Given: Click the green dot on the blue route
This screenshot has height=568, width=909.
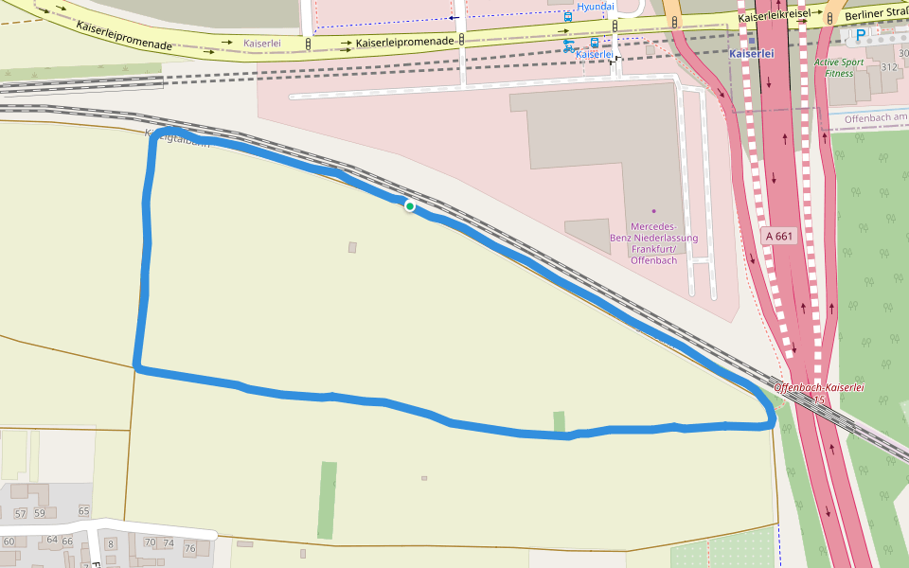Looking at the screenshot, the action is coord(410,206).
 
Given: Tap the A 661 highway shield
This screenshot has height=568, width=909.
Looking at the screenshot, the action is coord(778,236).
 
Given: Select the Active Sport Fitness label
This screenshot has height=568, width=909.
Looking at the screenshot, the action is coord(838,67).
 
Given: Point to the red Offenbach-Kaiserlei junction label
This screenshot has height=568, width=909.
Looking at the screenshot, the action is coord(819,388).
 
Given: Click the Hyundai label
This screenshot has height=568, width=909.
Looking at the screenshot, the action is coord(596,7).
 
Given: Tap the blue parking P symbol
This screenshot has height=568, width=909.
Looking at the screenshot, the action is coord(860,36).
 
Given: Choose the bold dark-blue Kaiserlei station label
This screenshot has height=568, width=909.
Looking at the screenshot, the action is coord(752,54).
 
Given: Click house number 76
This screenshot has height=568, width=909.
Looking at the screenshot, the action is coord(190,549).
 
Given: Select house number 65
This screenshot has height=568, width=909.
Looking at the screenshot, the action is coord(83,511).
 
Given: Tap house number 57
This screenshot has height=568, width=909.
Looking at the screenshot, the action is coord(22,513).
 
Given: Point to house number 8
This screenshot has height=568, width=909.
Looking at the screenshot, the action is coord(110,543).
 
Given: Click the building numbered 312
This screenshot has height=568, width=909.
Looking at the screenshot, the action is coord(888,67).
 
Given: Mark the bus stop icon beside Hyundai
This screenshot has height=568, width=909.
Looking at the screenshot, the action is coord(568,16).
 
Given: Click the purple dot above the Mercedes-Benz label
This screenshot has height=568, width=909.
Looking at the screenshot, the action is coord(653,210).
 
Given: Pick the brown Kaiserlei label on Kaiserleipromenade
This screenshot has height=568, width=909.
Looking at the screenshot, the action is coord(260,44).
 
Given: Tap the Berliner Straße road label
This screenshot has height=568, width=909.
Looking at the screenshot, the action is coord(876,13).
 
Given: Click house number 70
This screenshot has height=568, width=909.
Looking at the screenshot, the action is coord(150,542).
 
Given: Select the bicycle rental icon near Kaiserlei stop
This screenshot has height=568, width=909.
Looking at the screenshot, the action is coord(569,44).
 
